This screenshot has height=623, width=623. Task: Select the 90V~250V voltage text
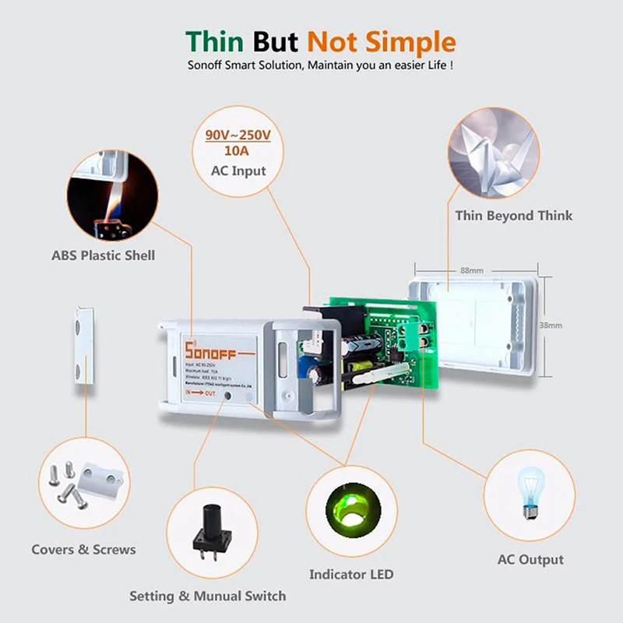[x=238, y=136]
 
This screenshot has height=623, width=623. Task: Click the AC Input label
[x=238, y=171]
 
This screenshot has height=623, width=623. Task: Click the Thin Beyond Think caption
[x=513, y=216]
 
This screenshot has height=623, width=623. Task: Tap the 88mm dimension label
[x=471, y=270]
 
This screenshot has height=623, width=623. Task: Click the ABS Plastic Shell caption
[x=104, y=255]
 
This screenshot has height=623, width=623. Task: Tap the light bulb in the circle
[x=530, y=490]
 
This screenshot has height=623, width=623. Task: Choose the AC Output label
[x=530, y=559]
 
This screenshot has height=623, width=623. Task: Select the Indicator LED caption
[x=351, y=575]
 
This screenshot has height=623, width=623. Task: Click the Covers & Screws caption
[x=83, y=550]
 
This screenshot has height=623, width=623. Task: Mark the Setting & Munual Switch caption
[x=207, y=596]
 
